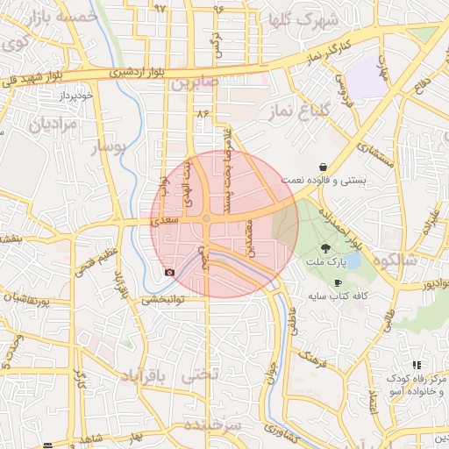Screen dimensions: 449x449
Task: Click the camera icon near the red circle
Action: pos(169,273)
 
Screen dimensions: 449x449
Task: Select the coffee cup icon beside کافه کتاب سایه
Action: pos(339,282)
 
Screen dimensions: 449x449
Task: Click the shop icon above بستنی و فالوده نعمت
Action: pos(324,167)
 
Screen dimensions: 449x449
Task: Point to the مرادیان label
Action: pos(53,125)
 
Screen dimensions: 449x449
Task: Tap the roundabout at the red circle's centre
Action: pos(206,220)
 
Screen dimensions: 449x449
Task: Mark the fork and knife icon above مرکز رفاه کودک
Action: pos(417,364)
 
